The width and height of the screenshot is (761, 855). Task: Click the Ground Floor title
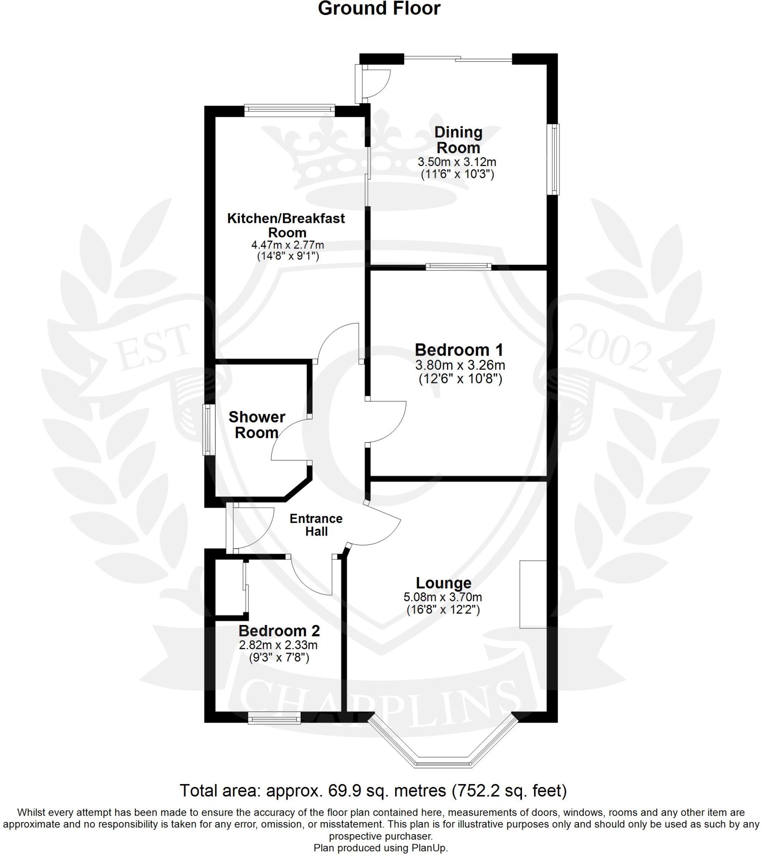point(379,9)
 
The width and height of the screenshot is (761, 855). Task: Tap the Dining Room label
point(459,140)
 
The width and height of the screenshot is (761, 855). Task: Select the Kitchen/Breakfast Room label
point(287,225)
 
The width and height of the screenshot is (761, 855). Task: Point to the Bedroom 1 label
point(459,349)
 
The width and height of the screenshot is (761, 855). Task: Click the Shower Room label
point(257,425)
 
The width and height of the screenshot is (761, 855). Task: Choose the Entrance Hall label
point(316,525)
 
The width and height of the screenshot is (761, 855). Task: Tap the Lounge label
point(443,583)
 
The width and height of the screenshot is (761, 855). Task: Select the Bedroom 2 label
point(279,630)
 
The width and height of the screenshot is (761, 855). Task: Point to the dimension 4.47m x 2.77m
point(288,245)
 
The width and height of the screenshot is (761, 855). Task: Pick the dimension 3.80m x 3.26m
point(460,365)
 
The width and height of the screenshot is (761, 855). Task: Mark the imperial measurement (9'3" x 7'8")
point(279,658)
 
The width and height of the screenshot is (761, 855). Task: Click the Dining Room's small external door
point(372,83)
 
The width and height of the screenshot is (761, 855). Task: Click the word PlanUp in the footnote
point(430,848)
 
